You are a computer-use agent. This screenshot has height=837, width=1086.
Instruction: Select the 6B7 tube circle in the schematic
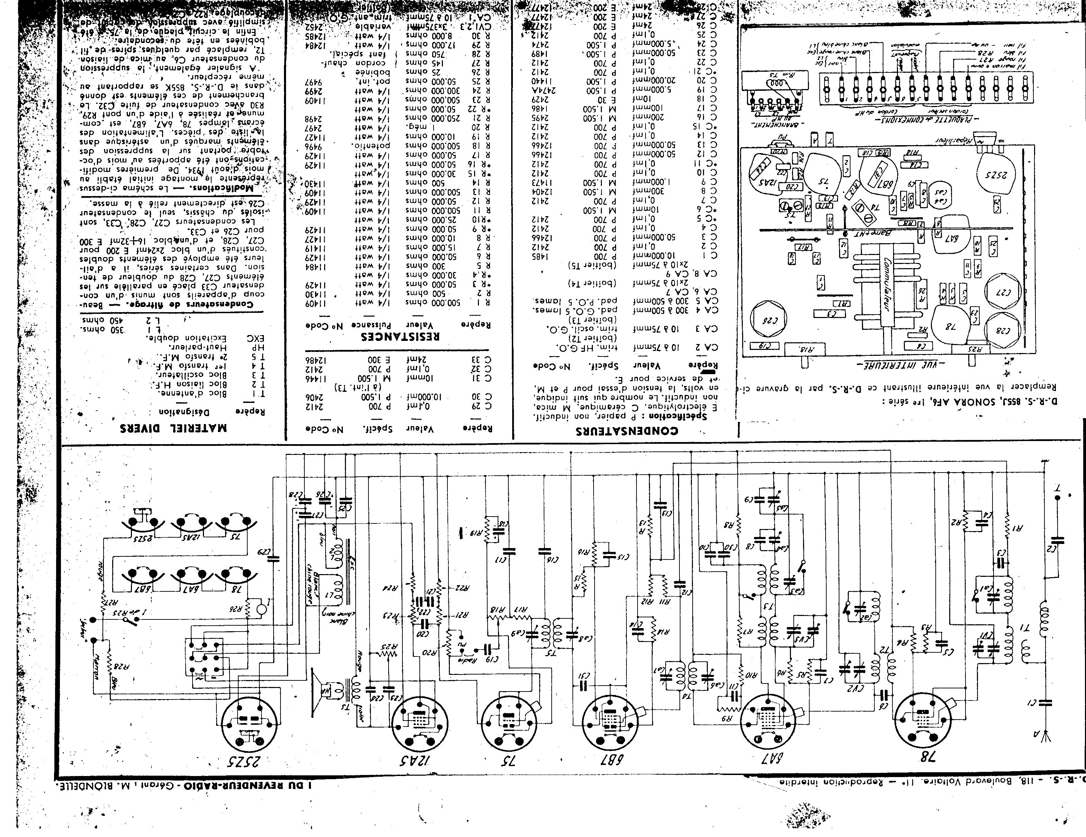[609, 722]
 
